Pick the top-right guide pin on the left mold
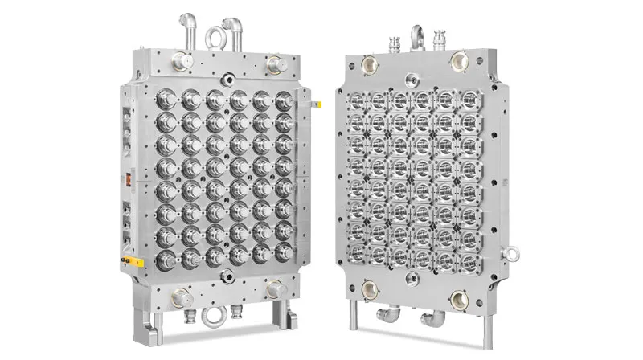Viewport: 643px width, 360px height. [x=276, y=63]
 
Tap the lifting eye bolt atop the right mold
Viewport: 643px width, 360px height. [x=418, y=35]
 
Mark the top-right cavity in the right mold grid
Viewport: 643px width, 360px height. [x=466, y=101]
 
